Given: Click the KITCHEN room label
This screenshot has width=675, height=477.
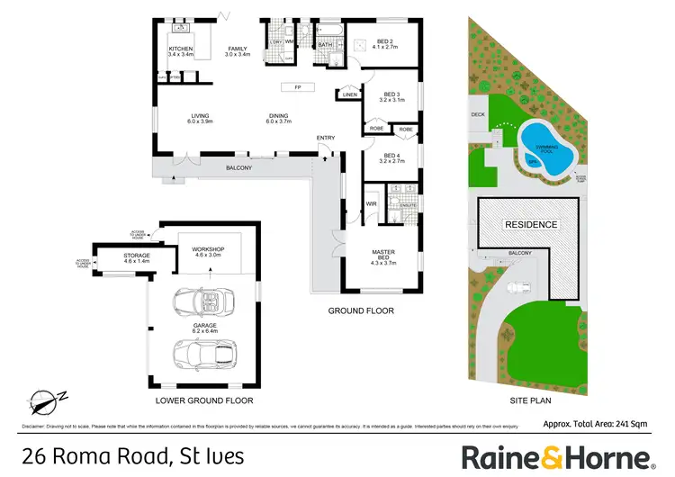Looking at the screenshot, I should (x=182, y=49).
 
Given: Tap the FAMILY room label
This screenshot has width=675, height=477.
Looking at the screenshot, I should (x=237, y=49).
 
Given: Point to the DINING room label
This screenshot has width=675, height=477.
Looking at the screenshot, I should (x=277, y=114).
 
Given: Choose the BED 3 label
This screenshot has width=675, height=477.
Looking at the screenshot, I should (x=391, y=94).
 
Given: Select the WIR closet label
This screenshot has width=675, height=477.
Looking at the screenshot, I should (x=371, y=205).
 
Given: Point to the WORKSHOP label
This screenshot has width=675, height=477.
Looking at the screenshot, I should (x=209, y=249).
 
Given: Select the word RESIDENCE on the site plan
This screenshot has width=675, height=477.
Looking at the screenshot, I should (x=531, y=224).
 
